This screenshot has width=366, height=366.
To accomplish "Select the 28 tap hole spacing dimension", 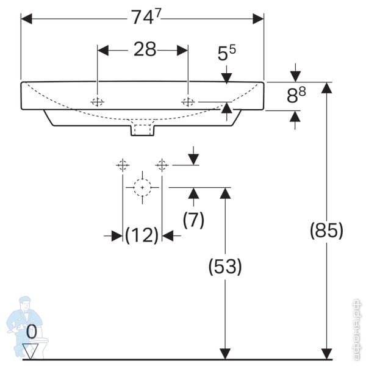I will (145, 49).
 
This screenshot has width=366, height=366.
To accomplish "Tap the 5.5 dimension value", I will (227, 54).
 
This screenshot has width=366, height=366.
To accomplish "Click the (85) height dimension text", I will (327, 231).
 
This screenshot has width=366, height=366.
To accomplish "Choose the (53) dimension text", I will (225, 267).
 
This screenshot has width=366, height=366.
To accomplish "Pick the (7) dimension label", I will (193, 220).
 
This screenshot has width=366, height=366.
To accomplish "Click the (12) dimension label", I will (142, 235).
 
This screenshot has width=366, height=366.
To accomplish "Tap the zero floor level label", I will (32, 332).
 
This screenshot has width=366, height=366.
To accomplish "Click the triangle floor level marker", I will (32, 350).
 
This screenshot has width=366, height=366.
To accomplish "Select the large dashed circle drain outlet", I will (142, 187).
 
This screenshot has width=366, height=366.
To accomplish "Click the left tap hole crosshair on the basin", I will (97, 102).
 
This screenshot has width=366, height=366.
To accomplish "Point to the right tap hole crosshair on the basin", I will (188, 102).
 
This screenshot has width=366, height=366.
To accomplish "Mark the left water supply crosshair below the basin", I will (123, 165).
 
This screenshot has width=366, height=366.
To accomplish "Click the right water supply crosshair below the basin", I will (162, 165).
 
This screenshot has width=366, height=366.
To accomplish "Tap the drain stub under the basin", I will (143, 129).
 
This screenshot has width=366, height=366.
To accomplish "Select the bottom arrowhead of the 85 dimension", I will (327, 353).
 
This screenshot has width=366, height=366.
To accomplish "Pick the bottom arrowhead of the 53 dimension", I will (225, 353).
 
